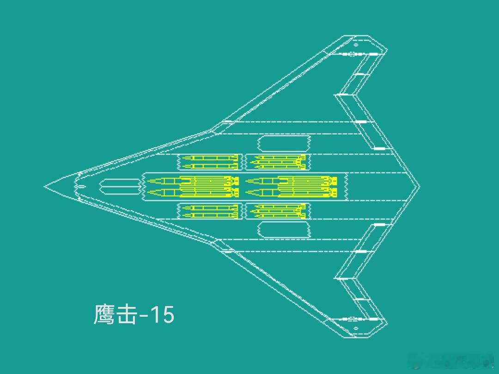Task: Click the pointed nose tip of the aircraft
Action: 45,187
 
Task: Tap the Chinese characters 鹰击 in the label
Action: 116,315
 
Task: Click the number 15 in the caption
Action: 162,315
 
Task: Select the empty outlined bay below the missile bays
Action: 284,230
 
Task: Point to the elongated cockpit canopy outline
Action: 119,187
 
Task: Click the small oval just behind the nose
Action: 81,187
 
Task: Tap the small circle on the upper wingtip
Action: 356,45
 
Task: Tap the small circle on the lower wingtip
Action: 356,328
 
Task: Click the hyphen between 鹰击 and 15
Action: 144,316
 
